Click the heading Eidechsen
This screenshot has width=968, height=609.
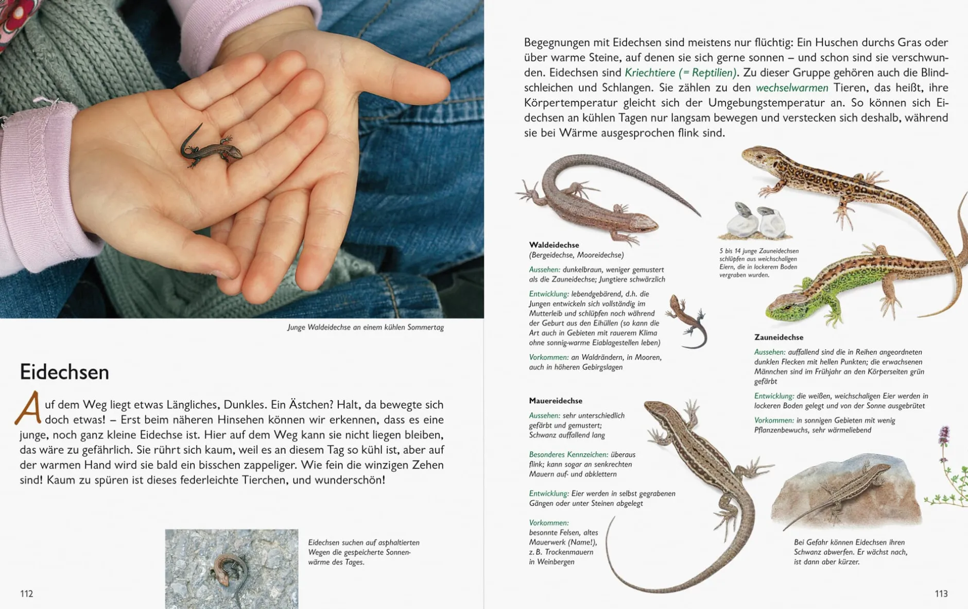(64, 372)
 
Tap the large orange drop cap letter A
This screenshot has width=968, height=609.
(28, 408)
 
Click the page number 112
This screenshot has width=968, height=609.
(27, 594)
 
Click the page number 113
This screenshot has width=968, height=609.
(941, 594)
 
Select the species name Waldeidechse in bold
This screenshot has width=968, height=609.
(554, 245)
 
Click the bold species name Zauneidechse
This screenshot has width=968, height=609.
(779, 337)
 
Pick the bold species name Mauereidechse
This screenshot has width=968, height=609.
(556, 400)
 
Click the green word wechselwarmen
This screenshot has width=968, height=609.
(792, 88)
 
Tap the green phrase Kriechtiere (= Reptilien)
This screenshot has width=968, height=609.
(681, 73)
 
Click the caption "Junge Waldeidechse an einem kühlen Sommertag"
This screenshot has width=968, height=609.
(365, 327)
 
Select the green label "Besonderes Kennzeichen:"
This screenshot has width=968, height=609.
(568, 454)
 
